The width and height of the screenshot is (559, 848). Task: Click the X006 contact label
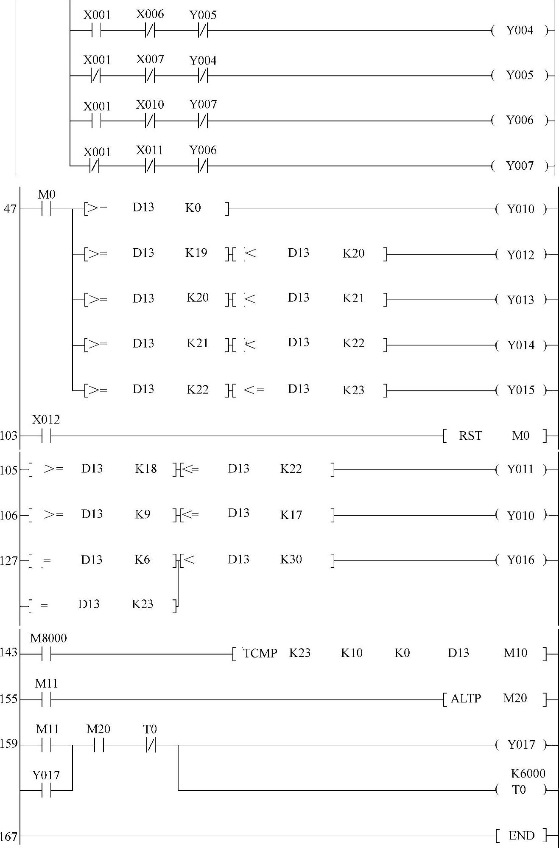150,14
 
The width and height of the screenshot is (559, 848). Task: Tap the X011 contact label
150,150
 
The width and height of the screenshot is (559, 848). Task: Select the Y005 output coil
520,76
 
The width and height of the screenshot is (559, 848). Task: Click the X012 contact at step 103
46,436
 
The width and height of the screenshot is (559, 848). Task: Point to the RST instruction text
470,436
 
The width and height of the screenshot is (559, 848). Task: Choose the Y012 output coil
520,255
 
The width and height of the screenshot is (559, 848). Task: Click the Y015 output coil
520,390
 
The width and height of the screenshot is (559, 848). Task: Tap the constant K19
196,253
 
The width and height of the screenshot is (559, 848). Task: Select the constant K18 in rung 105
146,469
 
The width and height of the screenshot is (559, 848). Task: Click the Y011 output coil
520,469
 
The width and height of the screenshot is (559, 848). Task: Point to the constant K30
291,559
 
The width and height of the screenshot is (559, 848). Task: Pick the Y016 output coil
520,560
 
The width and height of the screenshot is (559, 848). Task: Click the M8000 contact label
48,638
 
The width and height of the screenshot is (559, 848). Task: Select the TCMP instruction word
260,653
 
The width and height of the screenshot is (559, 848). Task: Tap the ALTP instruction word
466,699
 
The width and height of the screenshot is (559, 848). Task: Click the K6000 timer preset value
528,774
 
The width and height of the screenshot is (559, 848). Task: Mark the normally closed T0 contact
151,745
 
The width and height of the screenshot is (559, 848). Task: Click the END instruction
521,836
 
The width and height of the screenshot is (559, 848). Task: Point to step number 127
9,561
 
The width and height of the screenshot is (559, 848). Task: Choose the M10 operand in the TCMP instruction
515,653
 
